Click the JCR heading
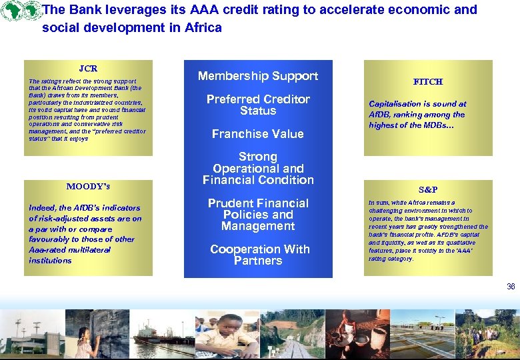click(x=88, y=69)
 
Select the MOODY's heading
click(x=88, y=186)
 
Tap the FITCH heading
click(x=427, y=82)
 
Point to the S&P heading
click(x=427, y=190)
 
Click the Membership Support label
click(x=258, y=76)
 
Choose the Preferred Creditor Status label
click(x=258, y=105)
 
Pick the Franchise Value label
click(x=258, y=134)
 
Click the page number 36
click(x=511, y=287)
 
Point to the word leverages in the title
click(x=127, y=10)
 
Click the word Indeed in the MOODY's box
click(x=41, y=208)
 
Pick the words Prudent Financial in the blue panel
click(x=258, y=203)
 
